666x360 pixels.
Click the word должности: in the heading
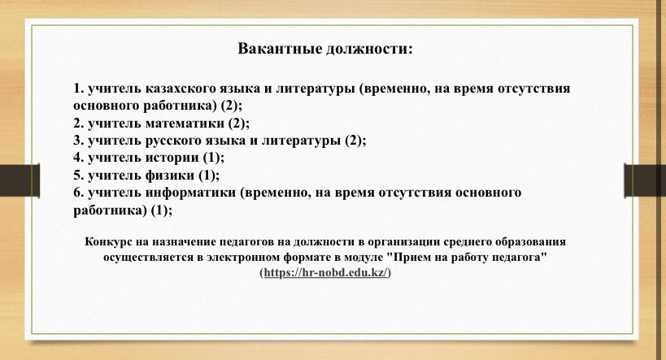pos(369,50)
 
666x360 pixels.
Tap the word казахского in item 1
pos(180,89)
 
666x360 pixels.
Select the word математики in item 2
pos(185,123)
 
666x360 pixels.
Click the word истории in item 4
pos(172,158)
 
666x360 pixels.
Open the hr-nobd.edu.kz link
pos(326,272)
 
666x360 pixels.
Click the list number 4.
pos(78,158)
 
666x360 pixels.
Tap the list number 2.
pos(78,123)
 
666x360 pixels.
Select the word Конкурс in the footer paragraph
pos(108,242)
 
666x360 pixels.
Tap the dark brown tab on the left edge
pos(20,180)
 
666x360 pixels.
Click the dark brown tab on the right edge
pos(645,180)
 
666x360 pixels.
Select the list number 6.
pos(78,193)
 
